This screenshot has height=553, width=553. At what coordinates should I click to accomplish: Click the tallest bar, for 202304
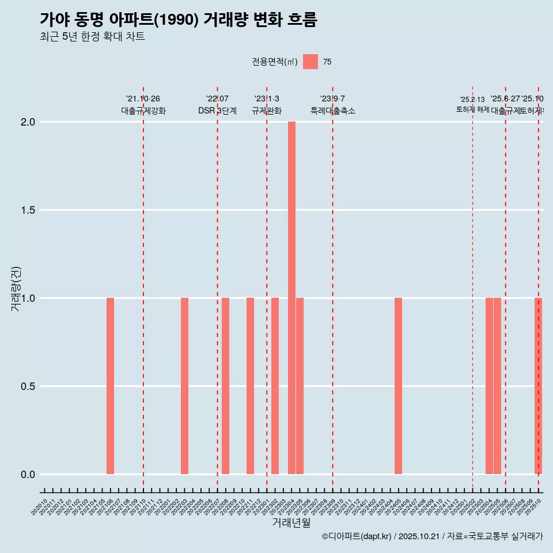tap(291, 298)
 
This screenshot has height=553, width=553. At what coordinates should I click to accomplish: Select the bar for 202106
tap(110, 386)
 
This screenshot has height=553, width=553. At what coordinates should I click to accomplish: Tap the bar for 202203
tap(184, 386)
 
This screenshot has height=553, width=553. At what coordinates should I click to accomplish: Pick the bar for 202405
tap(398, 386)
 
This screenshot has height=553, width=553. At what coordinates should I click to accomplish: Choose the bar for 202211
tap(250, 386)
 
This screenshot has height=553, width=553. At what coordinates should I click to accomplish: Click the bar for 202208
tap(225, 386)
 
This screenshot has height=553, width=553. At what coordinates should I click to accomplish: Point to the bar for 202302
tap(275, 386)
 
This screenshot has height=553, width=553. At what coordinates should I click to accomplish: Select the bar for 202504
tap(489, 386)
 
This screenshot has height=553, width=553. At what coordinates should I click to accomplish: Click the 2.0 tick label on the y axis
tap(28, 122)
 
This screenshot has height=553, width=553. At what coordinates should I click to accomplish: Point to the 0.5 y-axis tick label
tap(28, 387)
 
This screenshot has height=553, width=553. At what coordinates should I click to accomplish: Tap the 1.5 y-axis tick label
tap(28, 210)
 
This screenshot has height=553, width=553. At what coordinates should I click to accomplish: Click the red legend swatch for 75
tap(310, 62)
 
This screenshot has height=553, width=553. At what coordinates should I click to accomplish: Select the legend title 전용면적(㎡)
tap(275, 62)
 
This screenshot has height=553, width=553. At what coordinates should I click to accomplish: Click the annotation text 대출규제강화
tap(143, 111)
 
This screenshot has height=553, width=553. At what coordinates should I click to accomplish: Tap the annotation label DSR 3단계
tap(217, 111)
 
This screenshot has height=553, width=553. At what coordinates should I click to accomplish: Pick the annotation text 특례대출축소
tap(332, 111)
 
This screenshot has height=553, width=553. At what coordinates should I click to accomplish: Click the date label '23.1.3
tap(267, 99)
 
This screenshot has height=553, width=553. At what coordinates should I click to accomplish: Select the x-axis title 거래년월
tap(291, 523)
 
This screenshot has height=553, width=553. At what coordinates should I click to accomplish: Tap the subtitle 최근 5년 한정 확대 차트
tap(92, 37)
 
